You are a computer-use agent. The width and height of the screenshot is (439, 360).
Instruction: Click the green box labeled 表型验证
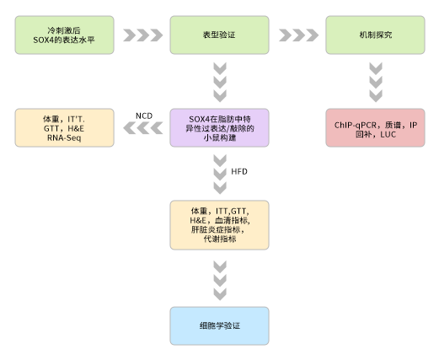[x=219, y=35]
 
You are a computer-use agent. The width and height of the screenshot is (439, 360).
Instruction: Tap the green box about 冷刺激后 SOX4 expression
[x=64, y=35]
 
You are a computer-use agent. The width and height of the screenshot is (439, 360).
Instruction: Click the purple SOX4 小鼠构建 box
[x=219, y=128]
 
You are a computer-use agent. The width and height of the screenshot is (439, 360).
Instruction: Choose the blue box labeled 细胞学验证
[x=219, y=325]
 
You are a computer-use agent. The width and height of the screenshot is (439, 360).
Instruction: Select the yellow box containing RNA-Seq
[x=64, y=128]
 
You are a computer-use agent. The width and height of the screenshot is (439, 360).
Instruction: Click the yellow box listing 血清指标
[x=219, y=223]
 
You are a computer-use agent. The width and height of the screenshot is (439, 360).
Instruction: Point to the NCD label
[x=144, y=115]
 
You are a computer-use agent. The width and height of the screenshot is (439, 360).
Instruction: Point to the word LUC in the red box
[x=388, y=135]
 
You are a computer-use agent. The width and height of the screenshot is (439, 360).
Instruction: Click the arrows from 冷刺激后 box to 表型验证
[x=142, y=35]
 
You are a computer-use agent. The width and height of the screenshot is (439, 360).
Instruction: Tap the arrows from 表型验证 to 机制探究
[x=297, y=35]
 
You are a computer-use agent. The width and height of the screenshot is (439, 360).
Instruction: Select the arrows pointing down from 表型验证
[x=220, y=83]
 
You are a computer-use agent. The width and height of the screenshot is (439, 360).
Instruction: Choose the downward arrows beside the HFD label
[x=220, y=174]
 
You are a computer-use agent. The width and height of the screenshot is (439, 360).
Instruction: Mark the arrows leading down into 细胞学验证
[x=220, y=279]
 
